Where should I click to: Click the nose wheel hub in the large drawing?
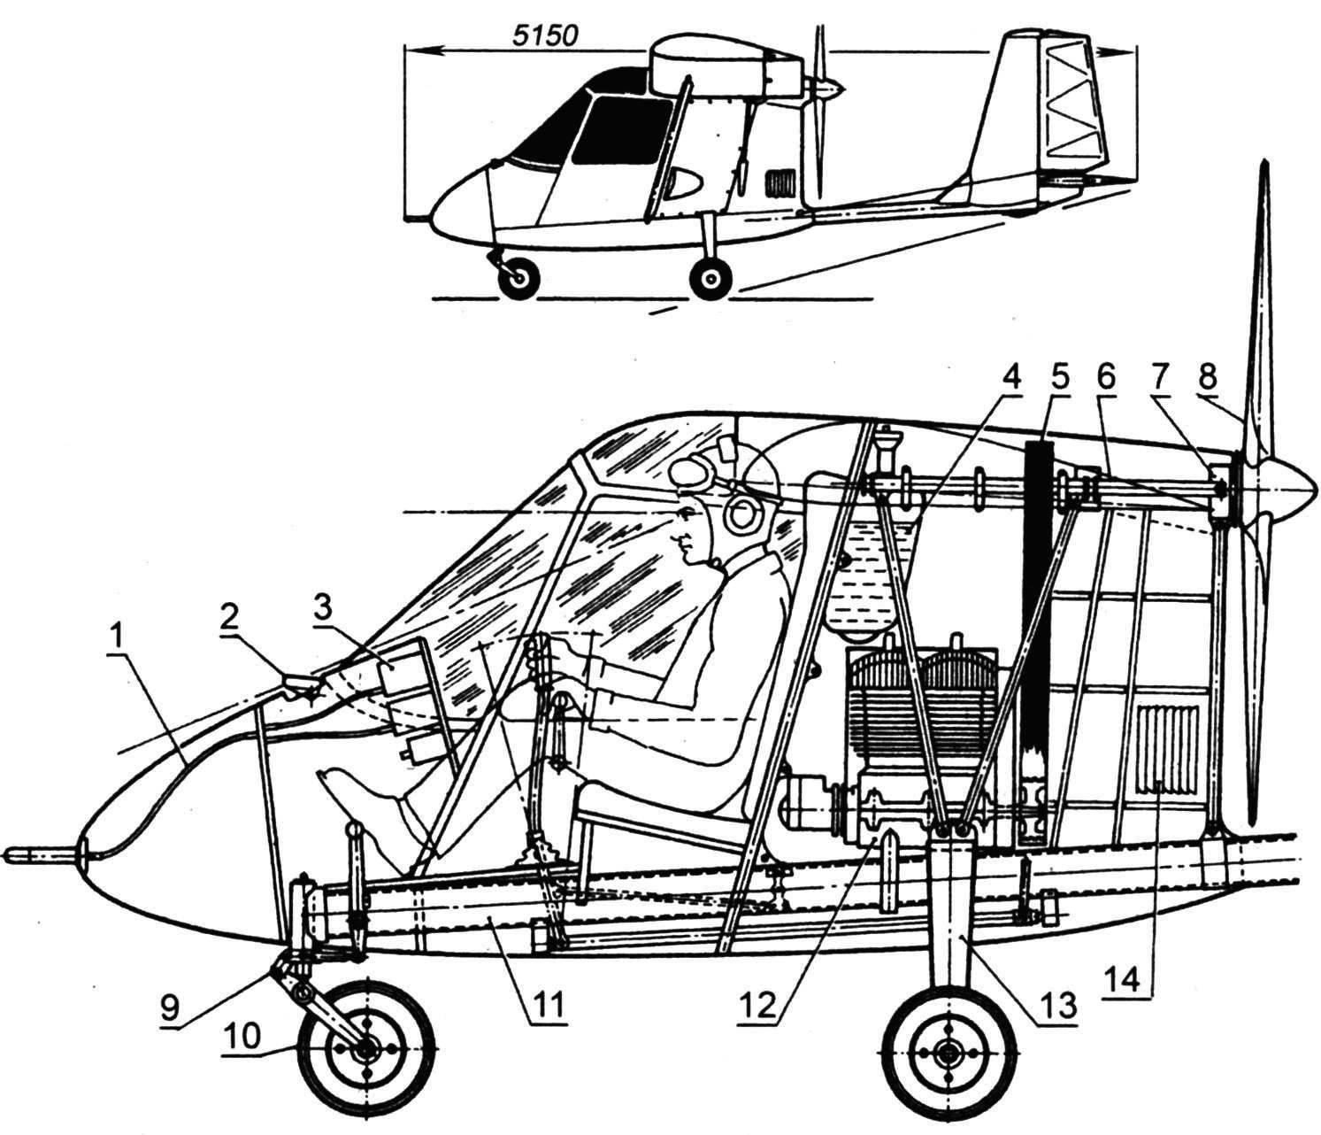365,1048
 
